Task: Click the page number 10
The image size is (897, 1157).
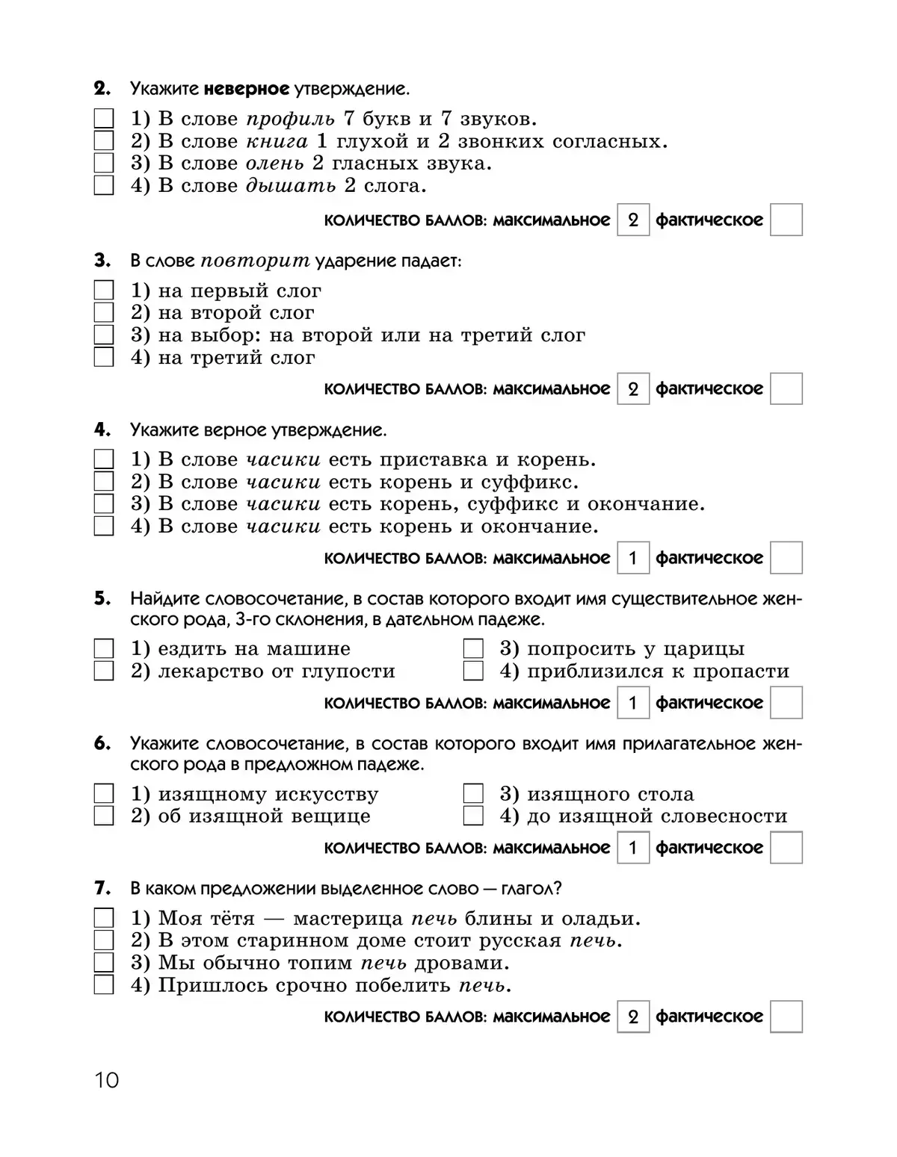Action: click(x=106, y=1080)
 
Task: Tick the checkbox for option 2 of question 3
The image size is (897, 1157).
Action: click(x=104, y=312)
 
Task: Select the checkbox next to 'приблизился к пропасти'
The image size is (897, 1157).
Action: click(x=473, y=671)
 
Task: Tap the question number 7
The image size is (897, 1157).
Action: click(x=102, y=888)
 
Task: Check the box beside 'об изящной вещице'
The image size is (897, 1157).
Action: click(x=104, y=816)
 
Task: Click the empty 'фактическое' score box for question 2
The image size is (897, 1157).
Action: click(x=786, y=220)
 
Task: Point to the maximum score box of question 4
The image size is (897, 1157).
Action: click(x=633, y=558)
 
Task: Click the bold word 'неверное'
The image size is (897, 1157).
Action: click(x=246, y=90)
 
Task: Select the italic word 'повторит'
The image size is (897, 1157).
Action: click(x=256, y=261)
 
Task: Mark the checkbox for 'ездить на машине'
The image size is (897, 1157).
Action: click(x=104, y=648)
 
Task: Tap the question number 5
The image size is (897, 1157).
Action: click(x=102, y=598)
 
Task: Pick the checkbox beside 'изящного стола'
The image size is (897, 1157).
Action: click(x=473, y=793)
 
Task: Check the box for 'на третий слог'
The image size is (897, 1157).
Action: click(x=104, y=357)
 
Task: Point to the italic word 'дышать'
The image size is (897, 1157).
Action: click(x=291, y=186)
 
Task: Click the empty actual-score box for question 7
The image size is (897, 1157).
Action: click(x=786, y=1017)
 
